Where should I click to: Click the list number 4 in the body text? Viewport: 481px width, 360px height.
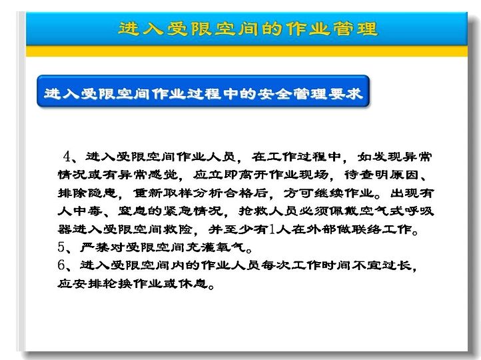(x=67, y=157)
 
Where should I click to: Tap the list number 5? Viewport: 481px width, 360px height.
(x=61, y=247)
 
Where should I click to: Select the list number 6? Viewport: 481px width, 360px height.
(x=61, y=265)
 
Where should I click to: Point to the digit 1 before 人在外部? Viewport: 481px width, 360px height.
(x=272, y=229)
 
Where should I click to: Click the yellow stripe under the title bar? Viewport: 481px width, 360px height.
(x=246, y=51)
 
